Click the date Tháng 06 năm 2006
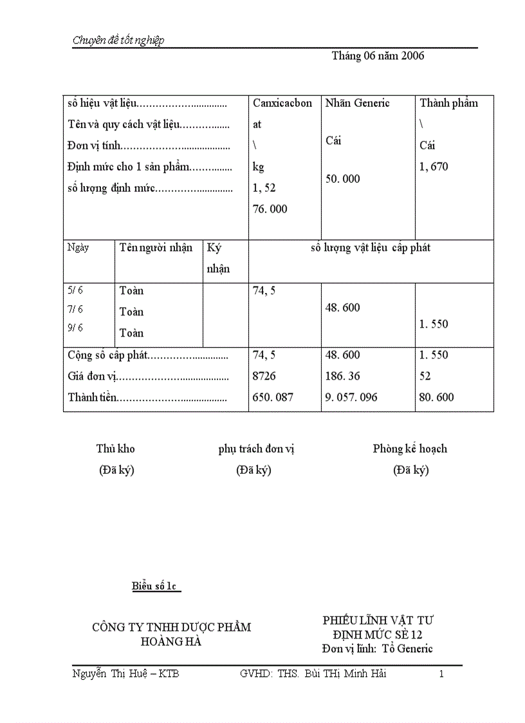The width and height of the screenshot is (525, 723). (x=378, y=56)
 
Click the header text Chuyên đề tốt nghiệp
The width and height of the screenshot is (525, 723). (x=118, y=41)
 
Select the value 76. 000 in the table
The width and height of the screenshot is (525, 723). (x=270, y=209)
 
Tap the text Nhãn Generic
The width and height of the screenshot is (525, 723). (x=358, y=103)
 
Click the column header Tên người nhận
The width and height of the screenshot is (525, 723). (x=156, y=248)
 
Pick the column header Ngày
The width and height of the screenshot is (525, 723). (x=78, y=248)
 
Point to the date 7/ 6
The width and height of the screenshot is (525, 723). (x=75, y=310)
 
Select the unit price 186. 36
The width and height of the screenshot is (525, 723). (x=343, y=376)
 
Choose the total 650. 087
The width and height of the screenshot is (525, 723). (x=273, y=397)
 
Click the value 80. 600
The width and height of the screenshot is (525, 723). (x=436, y=397)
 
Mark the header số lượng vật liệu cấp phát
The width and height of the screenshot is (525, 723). (x=371, y=248)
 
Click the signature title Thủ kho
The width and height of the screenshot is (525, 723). (x=116, y=449)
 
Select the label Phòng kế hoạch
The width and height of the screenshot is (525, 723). (x=410, y=449)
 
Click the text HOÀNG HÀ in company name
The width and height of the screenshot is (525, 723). (x=171, y=641)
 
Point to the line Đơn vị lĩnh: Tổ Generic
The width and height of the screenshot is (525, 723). (x=378, y=648)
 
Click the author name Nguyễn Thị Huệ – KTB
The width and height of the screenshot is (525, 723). (x=125, y=674)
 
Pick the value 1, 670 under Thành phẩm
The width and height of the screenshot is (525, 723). (x=434, y=167)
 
